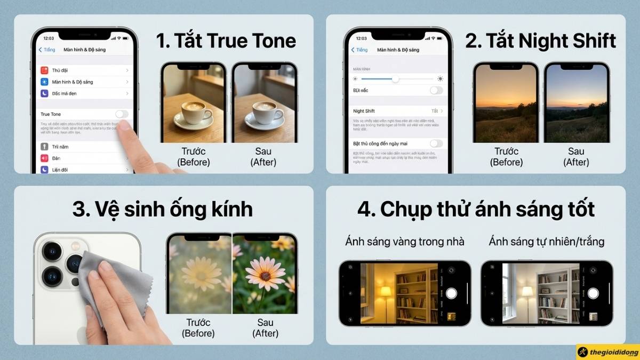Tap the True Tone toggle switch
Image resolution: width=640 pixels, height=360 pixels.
coord(122,114)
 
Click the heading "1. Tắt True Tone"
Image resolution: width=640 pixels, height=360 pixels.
coord(226,41)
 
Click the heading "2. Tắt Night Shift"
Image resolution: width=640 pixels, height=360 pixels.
coord(540,41)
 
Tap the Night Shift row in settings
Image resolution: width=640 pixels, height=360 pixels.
coord(397,111)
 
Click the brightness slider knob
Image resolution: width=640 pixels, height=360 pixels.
coord(395,79)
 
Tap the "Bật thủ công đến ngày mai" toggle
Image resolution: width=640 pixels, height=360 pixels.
coord(436,143)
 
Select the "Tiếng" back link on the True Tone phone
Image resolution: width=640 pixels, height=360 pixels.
coord(47,50)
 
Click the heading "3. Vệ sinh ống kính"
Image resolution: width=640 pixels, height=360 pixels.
coord(163,209)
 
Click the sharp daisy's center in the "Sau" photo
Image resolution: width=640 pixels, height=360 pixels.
coord(265,276)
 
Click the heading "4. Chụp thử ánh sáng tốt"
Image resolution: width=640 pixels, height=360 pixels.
coord(476,209)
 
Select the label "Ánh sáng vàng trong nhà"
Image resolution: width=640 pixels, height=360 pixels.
coord(404,242)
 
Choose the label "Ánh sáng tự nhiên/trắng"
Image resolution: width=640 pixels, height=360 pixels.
coord(546,242)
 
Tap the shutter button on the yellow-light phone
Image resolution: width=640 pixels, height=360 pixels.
coord(452,293)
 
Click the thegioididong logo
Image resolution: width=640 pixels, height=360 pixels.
coord(607,352)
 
